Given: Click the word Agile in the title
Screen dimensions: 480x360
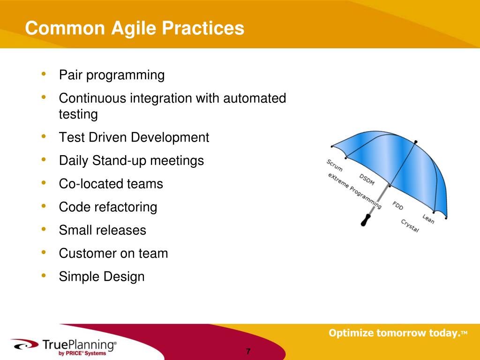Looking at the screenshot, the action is coord(134,29).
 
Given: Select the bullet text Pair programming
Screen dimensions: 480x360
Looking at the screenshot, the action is coord(112,75).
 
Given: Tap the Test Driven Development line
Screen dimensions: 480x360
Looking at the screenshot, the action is coord(134,137).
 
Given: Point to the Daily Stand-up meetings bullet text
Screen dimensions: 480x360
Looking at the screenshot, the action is coord(131,161).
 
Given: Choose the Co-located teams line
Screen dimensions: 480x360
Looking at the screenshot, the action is coord(111,184).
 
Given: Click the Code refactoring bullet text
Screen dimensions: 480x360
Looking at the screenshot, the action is coord(108,207).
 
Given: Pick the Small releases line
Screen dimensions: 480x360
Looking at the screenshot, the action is coord(103,230).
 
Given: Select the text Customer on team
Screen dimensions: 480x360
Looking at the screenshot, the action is coord(113,253).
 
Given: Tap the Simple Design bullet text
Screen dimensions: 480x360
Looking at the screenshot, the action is coord(102,277).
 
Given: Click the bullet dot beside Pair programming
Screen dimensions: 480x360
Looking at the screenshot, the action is coord(44,74).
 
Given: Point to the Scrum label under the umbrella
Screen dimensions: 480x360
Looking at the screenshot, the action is coord(334,165).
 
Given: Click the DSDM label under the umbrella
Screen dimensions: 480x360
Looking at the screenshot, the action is coord(367,180).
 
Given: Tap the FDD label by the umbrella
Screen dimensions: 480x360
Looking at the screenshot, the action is coord(398,205).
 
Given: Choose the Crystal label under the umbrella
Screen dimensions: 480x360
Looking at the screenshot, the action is coord(410,226).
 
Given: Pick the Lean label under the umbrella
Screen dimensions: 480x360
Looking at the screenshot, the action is coord(428,219).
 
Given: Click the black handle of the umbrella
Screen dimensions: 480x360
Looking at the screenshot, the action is coord(366,220).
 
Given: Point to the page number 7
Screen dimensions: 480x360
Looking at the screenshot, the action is coord(248,352).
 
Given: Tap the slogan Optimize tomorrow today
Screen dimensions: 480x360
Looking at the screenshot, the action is coord(398,333).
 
